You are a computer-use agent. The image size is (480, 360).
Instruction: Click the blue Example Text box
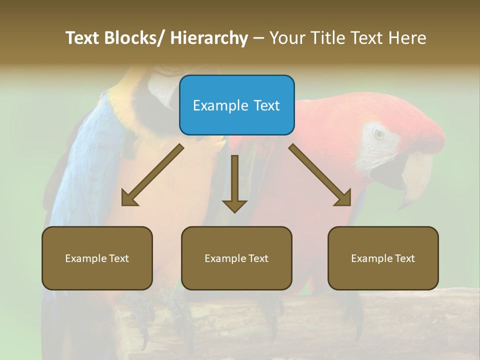pos(236,105)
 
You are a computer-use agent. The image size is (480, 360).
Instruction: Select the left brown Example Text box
pos(97,258)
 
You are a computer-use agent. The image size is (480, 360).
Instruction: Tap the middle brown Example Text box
pos(236,258)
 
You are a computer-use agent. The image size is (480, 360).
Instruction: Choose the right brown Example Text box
pos(383,258)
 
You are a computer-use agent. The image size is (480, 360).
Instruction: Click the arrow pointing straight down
pos(234,182)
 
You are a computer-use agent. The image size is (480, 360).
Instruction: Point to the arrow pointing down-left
pos(152,175)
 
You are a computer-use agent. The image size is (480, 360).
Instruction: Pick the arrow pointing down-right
pos(320,175)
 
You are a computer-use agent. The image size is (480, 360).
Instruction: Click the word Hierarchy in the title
pos(209,38)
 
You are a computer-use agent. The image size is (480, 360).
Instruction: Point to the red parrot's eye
pos(379,133)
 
